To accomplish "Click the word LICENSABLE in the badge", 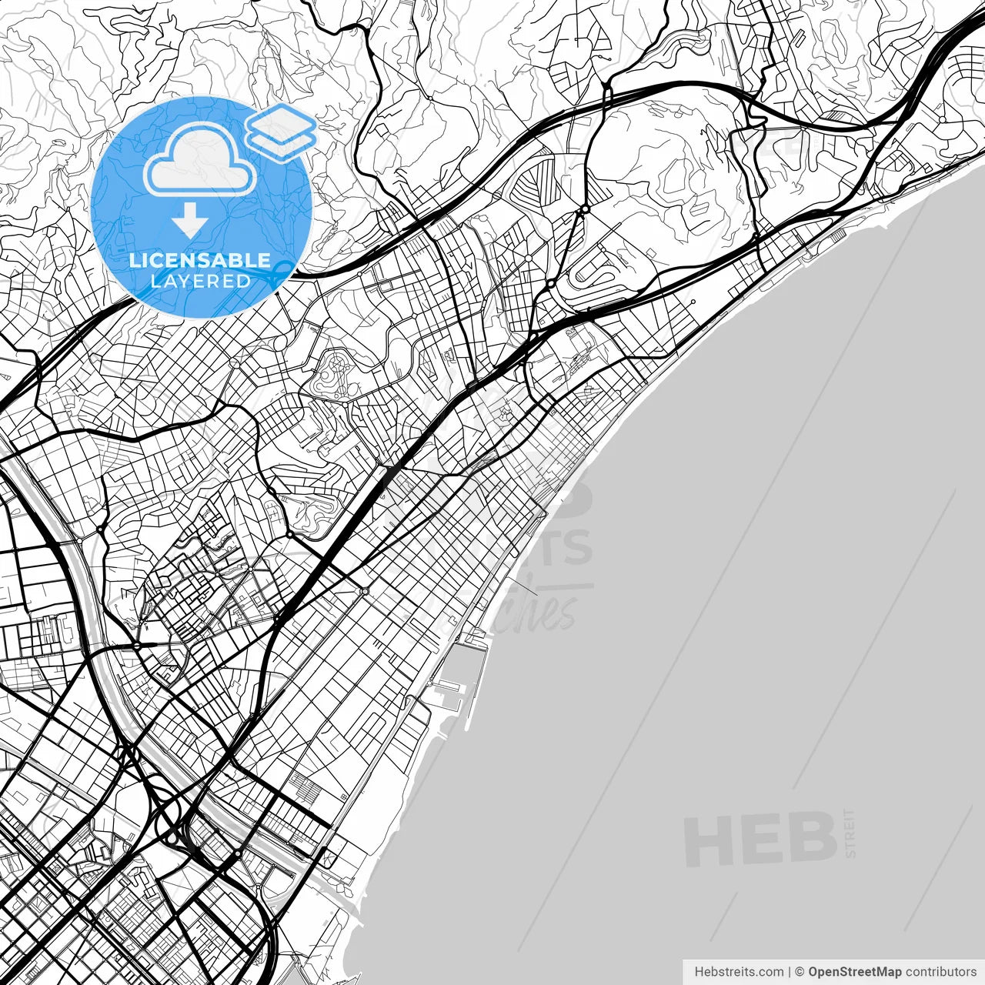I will tap(200, 260).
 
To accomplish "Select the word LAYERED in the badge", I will tap(200, 281).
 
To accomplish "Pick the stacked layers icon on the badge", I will tap(281, 132).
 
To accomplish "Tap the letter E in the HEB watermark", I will tap(760, 840).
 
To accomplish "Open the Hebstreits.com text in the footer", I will tap(739, 972).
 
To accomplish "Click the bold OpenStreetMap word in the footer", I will tap(854, 972).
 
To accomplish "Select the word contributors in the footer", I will tap(940, 972).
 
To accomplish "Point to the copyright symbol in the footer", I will tap(800, 972).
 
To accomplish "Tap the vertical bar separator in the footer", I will tap(790, 972).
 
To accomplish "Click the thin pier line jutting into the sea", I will tap(523, 586).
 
